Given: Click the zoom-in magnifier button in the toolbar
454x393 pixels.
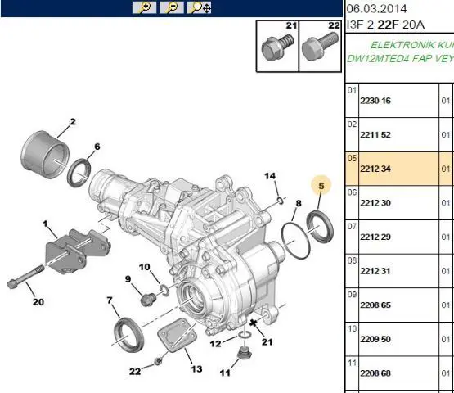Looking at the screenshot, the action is [x=144, y=7].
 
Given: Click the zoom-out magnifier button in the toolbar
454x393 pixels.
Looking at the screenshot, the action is [x=172, y=7].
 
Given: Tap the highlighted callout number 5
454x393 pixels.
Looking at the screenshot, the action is [x=321, y=186].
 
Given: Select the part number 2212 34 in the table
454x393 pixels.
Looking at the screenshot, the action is [x=375, y=169].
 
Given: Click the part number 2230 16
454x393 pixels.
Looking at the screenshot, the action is [x=375, y=101].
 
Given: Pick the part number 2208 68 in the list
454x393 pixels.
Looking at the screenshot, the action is [x=375, y=373].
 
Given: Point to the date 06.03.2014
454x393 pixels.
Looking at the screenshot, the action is [x=376, y=9].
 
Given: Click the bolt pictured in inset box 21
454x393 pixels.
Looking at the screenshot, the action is [x=277, y=47].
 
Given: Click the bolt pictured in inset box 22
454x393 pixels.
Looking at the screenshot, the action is [x=319, y=46].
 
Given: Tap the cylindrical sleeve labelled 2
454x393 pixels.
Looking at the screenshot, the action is [x=45, y=154].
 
